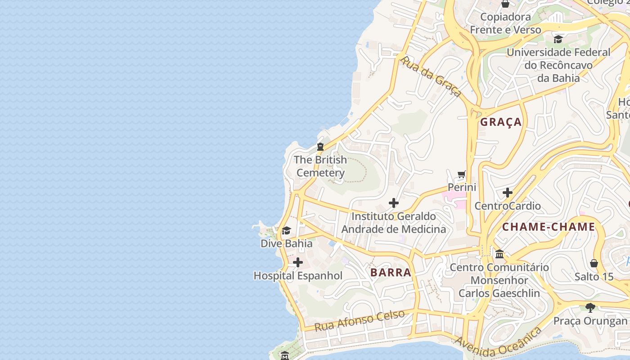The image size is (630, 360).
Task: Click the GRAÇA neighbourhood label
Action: pyautogui.click(x=501, y=122)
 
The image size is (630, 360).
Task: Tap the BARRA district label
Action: pyautogui.click(x=391, y=272)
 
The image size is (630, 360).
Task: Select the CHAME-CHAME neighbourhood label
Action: pyautogui.click(x=549, y=227)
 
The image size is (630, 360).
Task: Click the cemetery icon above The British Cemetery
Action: pyautogui.click(x=320, y=146)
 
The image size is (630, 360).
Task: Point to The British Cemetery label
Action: pyautogui.click(x=320, y=166)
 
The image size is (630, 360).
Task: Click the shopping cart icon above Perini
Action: pyautogui.click(x=462, y=174)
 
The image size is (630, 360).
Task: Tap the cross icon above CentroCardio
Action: pyautogui.click(x=508, y=193)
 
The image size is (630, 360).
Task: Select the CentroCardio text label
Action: pyautogui.click(x=508, y=206)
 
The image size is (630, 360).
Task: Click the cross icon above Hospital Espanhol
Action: pyautogui.click(x=298, y=262)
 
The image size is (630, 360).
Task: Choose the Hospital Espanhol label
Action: pyautogui.click(x=298, y=276)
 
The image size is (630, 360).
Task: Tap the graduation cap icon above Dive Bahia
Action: pyautogui.click(x=286, y=231)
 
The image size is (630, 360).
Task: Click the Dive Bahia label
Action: pyautogui.click(x=286, y=243)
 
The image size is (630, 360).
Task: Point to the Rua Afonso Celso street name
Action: pyautogui.click(x=360, y=320)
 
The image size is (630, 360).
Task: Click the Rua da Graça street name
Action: pyautogui.click(x=431, y=76)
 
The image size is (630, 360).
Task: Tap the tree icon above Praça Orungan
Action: pyautogui.click(x=590, y=308)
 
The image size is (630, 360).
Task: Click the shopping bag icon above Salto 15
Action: pyautogui.click(x=594, y=263)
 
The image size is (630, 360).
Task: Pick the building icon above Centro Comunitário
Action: pyautogui.click(x=499, y=254)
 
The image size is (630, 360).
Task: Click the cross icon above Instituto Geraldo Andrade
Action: pyautogui.click(x=394, y=203)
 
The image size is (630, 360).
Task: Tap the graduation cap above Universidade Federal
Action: pyautogui.click(x=558, y=39)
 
